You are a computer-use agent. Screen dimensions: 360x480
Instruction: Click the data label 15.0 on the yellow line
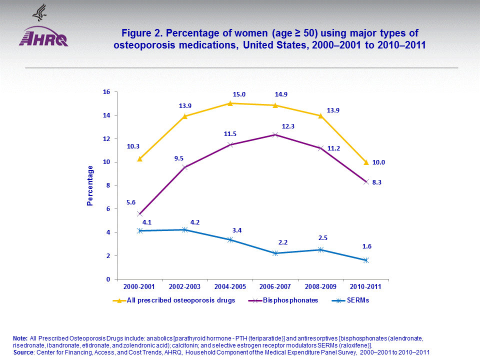click(x=240, y=94)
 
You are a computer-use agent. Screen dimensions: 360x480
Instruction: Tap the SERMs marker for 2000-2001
click(x=140, y=230)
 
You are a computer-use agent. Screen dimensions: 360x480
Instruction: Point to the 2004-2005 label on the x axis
click(x=230, y=287)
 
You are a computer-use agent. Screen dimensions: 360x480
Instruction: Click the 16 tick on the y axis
click(x=106, y=92)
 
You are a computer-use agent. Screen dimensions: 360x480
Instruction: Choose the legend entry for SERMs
click(x=350, y=300)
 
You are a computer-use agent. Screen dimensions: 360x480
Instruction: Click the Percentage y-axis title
click(x=90, y=185)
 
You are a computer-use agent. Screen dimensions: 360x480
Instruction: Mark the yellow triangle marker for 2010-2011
click(x=366, y=162)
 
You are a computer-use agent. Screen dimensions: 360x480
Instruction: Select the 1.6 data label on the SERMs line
click(x=366, y=246)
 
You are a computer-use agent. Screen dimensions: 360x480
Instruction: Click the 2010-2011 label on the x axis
click(x=365, y=287)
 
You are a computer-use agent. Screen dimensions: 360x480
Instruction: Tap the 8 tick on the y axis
click(x=107, y=185)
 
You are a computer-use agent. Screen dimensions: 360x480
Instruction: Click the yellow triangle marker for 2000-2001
click(x=140, y=158)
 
